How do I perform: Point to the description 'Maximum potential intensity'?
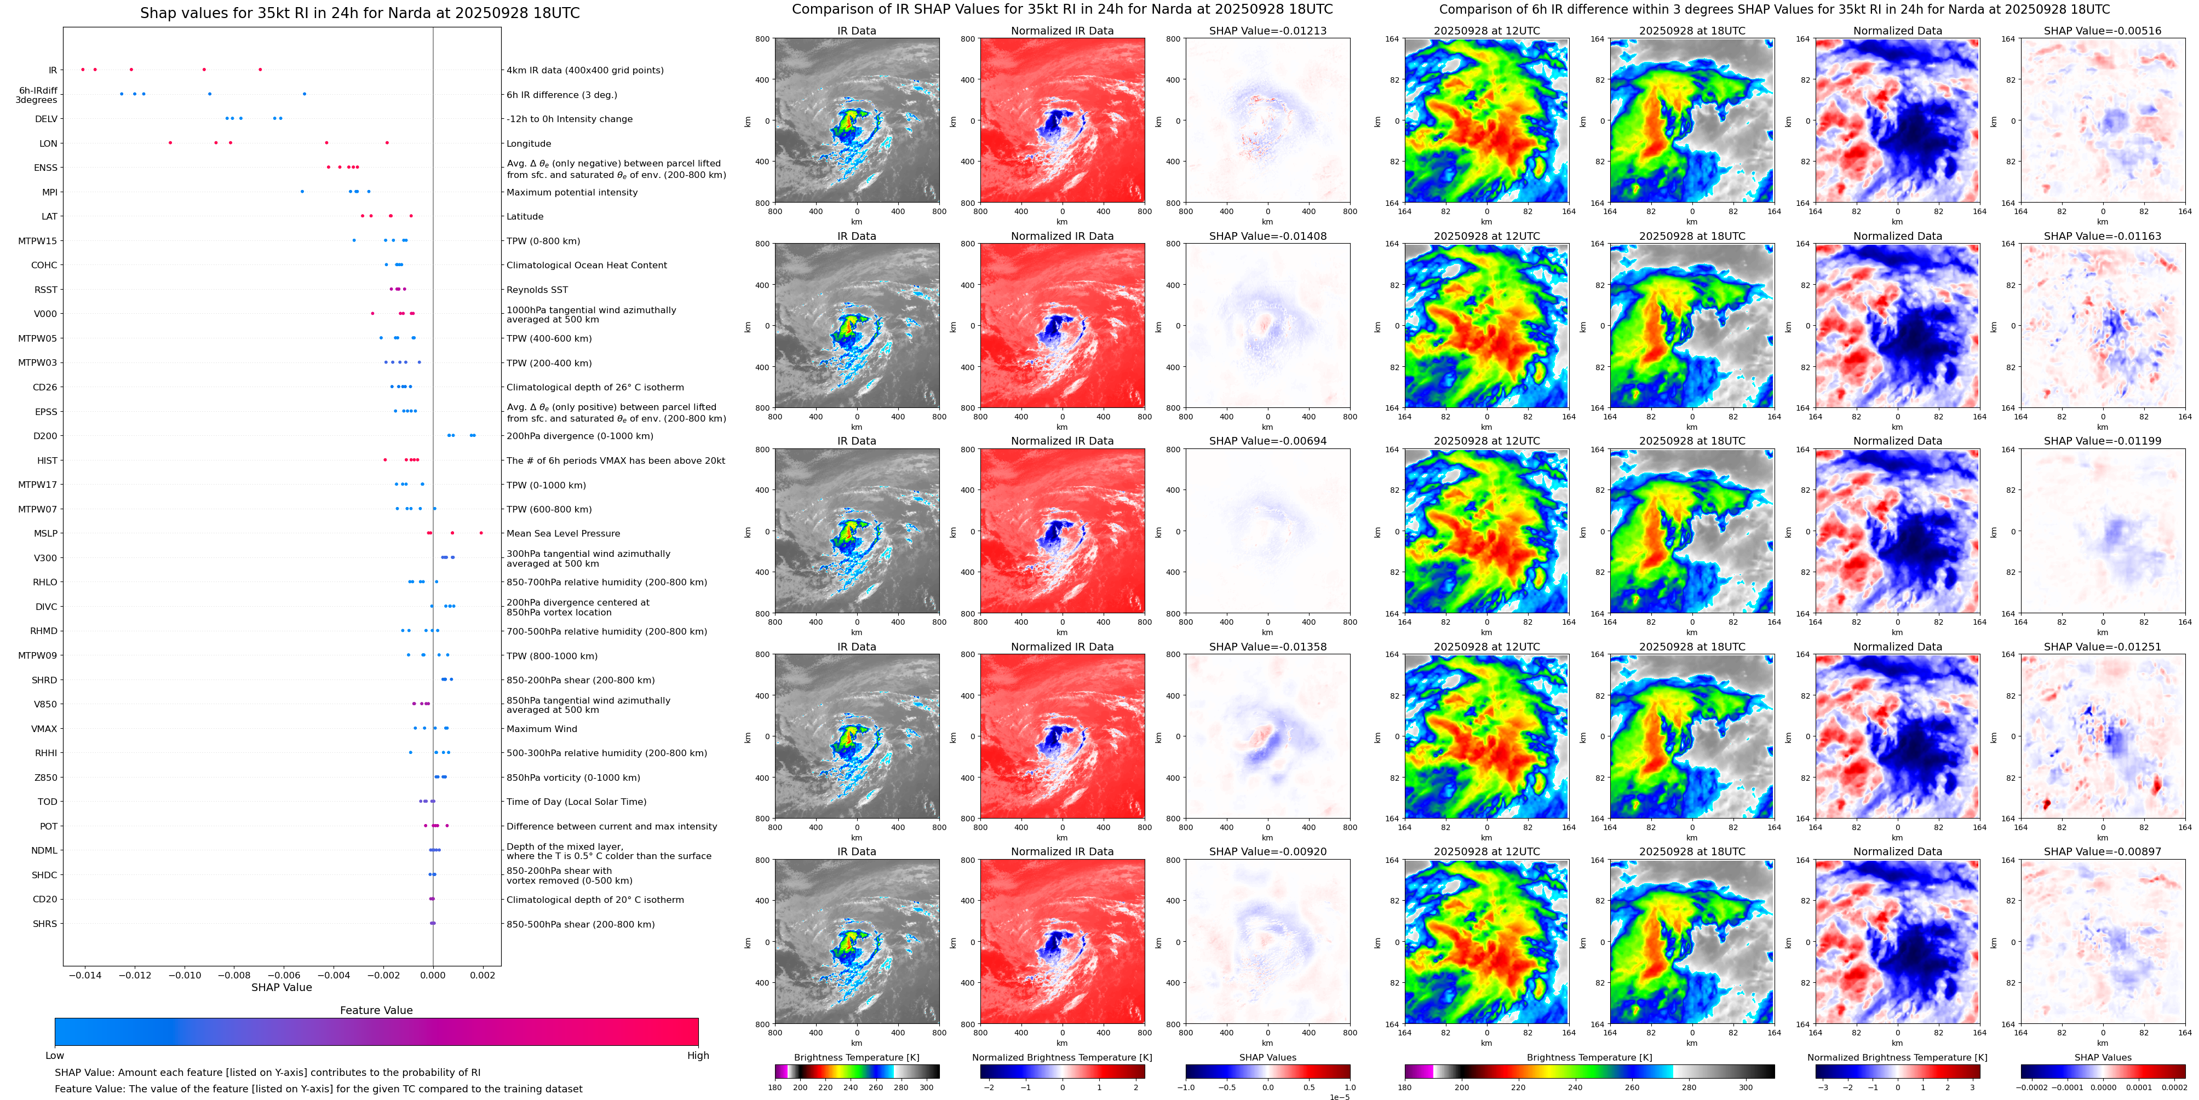point(572,193)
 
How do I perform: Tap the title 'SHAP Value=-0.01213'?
point(1268,31)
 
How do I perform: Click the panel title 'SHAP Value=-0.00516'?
point(2103,31)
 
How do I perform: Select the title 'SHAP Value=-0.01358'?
point(1268,647)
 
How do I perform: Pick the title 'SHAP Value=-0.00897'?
point(2103,851)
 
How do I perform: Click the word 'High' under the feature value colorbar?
point(698,1056)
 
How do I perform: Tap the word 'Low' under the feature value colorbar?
point(55,1056)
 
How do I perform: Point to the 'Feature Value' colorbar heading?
point(376,1010)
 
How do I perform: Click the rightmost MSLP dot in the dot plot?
point(481,533)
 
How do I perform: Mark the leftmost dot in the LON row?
point(171,142)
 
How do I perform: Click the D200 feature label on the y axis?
point(45,436)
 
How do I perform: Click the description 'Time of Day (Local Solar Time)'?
point(576,802)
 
